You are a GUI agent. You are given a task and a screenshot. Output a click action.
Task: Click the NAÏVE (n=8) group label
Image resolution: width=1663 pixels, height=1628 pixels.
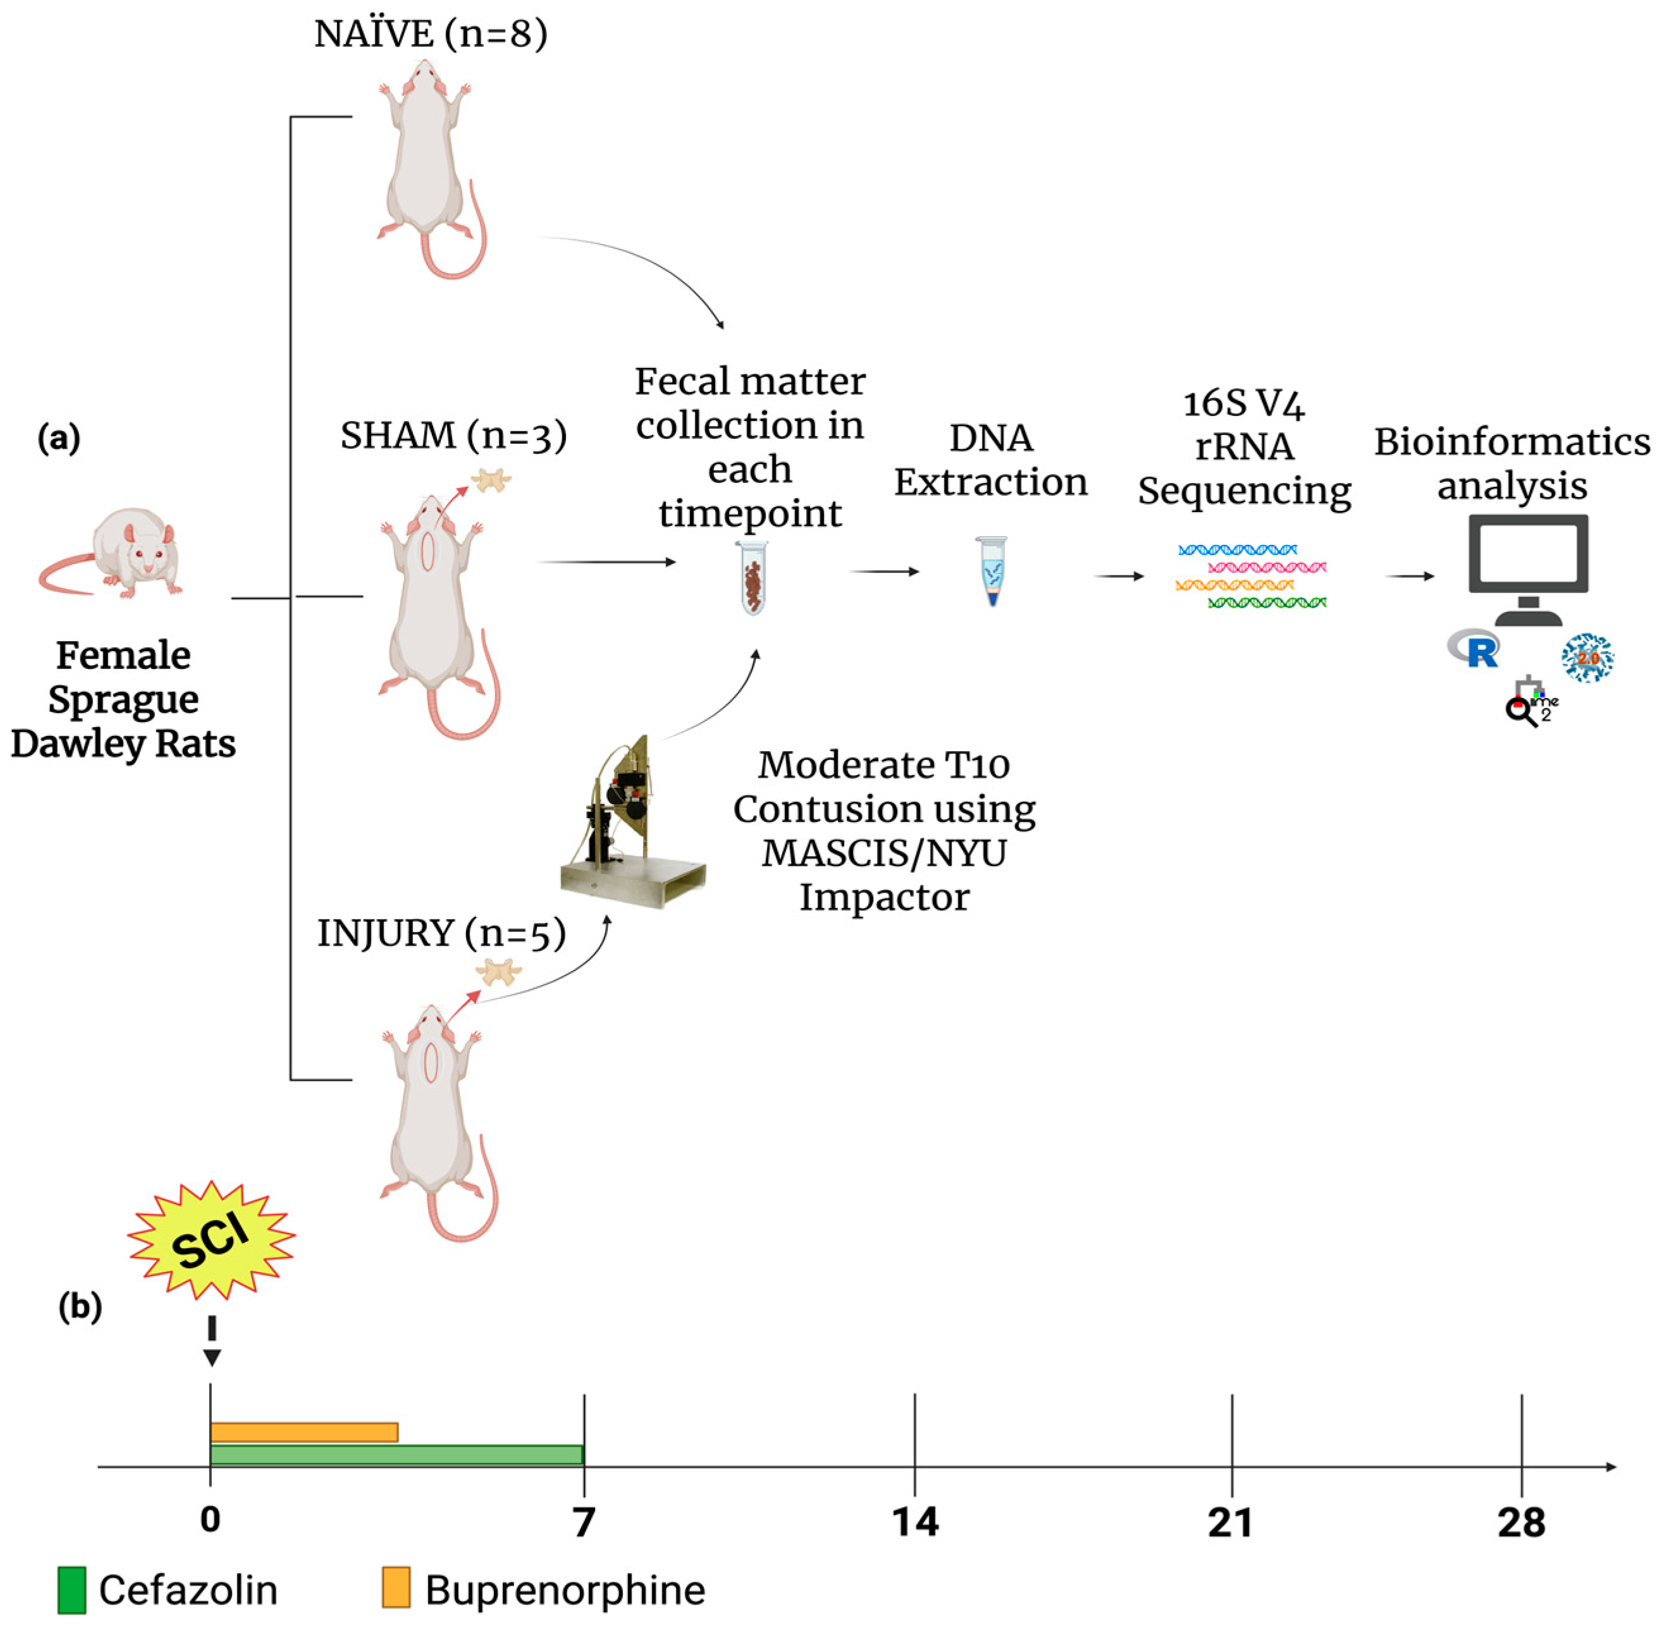(430, 34)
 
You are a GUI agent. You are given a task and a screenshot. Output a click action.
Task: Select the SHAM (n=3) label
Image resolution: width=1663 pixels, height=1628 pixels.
(453, 436)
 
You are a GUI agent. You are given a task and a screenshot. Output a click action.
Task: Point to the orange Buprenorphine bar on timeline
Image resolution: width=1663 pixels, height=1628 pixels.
(304, 1432)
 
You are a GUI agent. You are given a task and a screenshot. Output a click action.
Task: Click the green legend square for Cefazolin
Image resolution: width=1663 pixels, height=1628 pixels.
(72, 1589)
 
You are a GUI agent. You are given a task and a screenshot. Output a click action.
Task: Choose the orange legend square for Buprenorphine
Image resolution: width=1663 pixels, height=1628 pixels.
(396, 1587)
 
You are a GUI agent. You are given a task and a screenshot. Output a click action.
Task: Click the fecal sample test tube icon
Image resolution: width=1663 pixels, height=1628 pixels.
(753, 578)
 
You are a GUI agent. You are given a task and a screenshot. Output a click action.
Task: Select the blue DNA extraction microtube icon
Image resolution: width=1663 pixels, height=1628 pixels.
(992, 570)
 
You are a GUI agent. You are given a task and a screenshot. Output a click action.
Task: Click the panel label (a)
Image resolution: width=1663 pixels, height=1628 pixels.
(59, 439)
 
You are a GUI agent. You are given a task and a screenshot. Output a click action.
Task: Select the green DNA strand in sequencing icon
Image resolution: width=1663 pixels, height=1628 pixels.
(1267, 603)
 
